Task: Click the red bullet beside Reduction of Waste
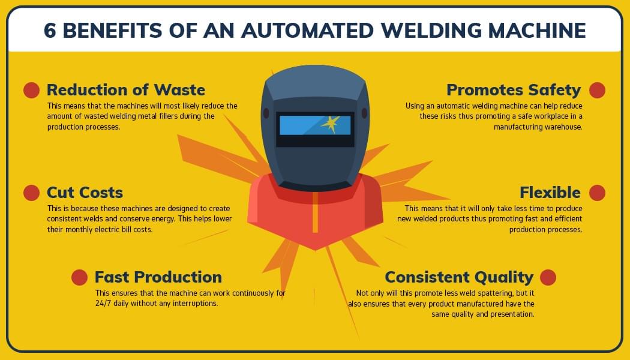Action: tap(31, 90)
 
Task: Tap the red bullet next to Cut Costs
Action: tap(31, 193)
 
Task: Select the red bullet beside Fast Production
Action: tap(79, 277)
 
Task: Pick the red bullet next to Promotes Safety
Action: tap(597, 90)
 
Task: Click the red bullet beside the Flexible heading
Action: tap(597, 193)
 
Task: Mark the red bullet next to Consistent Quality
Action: tap(548, 277)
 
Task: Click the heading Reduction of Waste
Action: tap(126, 90)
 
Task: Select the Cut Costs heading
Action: tap(85, 193)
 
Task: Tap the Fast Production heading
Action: tap(158, 277)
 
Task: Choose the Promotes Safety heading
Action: tap(514, 90)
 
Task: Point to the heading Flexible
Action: tap(550, 193)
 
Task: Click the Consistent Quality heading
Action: tap(459, 277)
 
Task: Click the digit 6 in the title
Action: tap(50, 30)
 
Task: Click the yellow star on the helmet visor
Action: tap(329, 124)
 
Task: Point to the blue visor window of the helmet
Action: tap(300, 125)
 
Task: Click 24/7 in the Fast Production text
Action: tap(104, 304)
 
